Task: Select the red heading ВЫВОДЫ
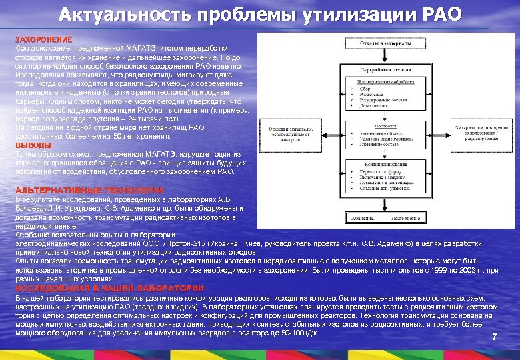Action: coord(33,145)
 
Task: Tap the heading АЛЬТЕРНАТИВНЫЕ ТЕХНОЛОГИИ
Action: coord(89,190)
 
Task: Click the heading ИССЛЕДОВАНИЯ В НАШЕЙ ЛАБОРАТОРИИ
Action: coord(109,287)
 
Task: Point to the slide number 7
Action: coord(494,337)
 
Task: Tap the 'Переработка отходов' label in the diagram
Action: coord(382,69)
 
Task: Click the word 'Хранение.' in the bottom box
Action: coord(364,218)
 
